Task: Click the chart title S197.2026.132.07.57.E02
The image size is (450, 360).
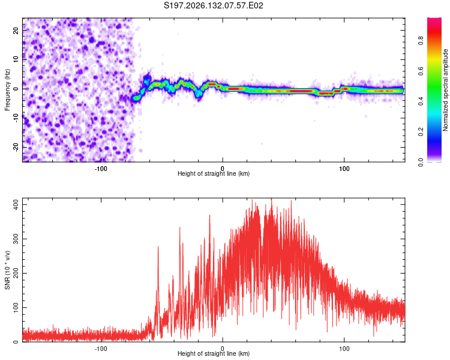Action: [x=213, y=5]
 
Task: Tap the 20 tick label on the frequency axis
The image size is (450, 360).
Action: [x=16, y=31]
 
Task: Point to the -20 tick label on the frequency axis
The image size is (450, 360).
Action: [x=16, y=148]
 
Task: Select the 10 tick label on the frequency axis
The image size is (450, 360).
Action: [x=16, y=60]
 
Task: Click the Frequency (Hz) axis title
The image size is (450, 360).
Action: [x=7, y=90]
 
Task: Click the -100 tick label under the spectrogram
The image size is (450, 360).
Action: [x=100, y=169]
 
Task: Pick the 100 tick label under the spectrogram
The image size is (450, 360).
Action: [x=344, y=169]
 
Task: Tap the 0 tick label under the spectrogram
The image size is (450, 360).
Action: [x=223, y=169]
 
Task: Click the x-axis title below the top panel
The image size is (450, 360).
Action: [x=214, y=173]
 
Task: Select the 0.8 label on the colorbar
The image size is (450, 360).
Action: [x=421, y=40]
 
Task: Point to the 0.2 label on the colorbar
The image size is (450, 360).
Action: [x=421, y=131]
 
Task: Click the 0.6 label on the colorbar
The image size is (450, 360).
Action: [x=421, y=71]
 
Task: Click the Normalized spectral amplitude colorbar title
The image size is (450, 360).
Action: [x=445, y=90]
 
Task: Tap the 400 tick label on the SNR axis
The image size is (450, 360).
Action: [x=16, y=205]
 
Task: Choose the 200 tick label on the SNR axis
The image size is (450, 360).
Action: [x=16, y=274]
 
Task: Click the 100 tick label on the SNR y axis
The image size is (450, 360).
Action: [x=16, y=308]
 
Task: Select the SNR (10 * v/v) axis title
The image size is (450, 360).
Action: [x=7, y=270]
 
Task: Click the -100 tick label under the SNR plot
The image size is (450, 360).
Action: [x=100, y=349]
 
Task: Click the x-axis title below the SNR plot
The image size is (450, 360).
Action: [x=214, y=353]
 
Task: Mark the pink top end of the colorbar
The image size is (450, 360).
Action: [x=434, y=19]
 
